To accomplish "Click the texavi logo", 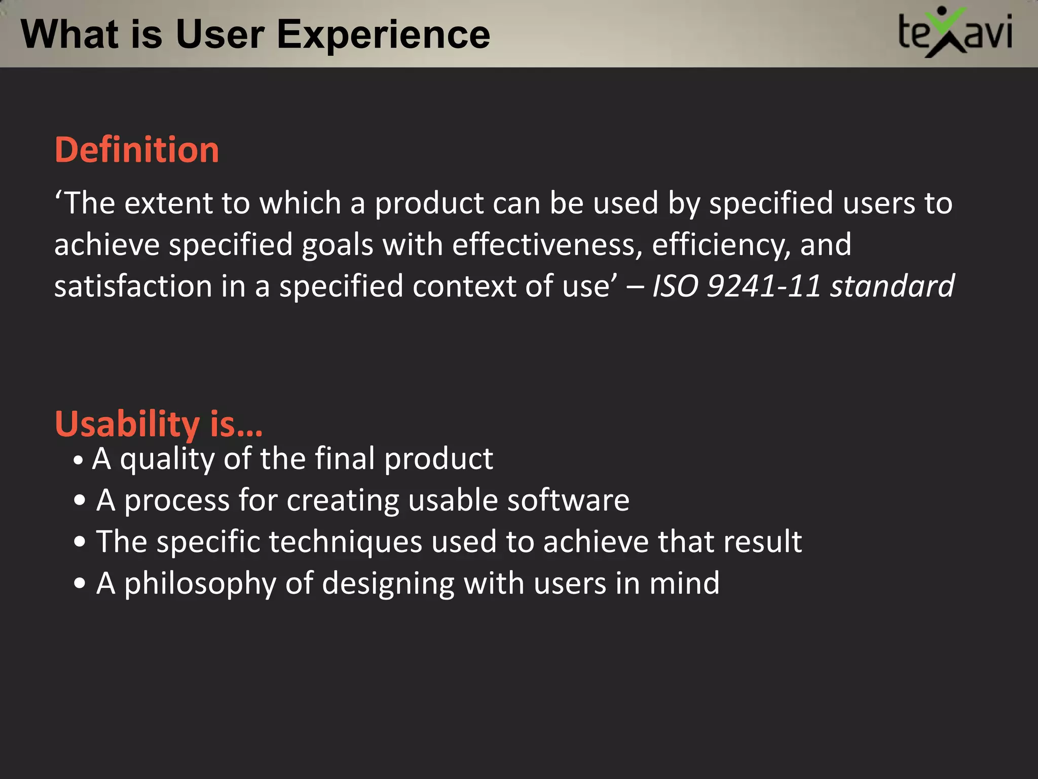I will [x=955, y=32].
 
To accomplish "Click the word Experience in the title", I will [x=383, y=34].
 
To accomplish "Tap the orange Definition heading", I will [x=137, y=150].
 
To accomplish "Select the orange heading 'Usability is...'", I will [x=159, y=423].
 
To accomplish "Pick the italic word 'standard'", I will [x=892, y=286].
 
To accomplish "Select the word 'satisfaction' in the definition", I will [x=133, y=286].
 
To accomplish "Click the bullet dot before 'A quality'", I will [x=78, y=461].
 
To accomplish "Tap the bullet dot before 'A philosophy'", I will [x=80, y=583].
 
